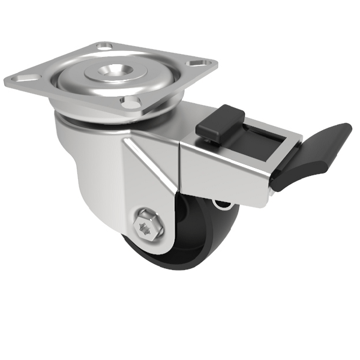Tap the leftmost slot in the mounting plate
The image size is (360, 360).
[24, 77]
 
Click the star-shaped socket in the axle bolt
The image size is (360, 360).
[146, 227]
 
